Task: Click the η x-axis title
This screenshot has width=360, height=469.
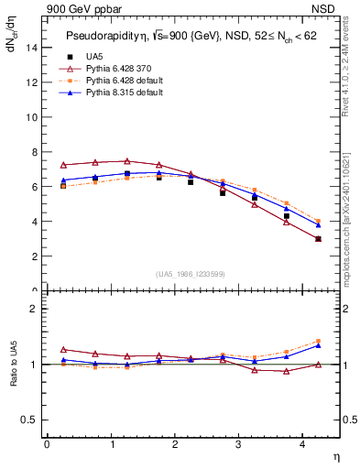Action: coord(335,455)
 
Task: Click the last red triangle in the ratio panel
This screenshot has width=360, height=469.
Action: coord(319,365)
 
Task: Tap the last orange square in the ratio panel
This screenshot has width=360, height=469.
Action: coord(319,341)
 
